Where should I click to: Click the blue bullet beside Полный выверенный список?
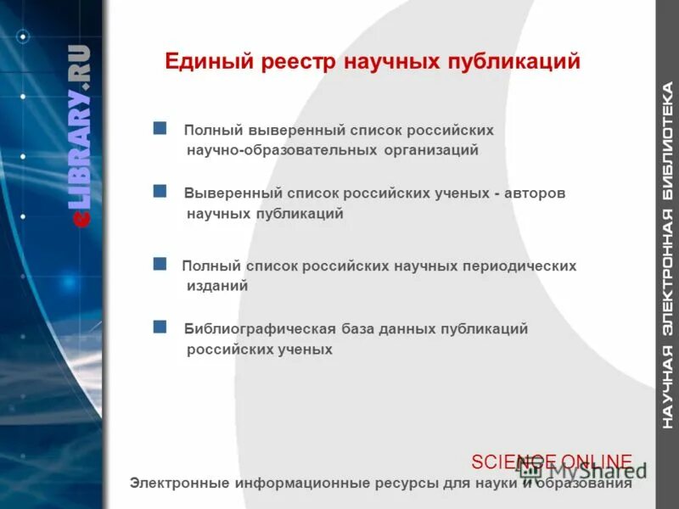point(160,128)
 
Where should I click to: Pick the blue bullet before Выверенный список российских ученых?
point(160,191)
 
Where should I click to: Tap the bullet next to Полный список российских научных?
point(160,264)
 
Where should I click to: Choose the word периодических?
point(519,266)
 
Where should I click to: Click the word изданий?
point(217,286)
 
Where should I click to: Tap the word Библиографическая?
point(257,328)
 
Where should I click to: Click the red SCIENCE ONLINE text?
point(552,461)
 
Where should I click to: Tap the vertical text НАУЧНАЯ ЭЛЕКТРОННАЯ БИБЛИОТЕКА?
point(668,255)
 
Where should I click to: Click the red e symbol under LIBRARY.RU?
point(81,219)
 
